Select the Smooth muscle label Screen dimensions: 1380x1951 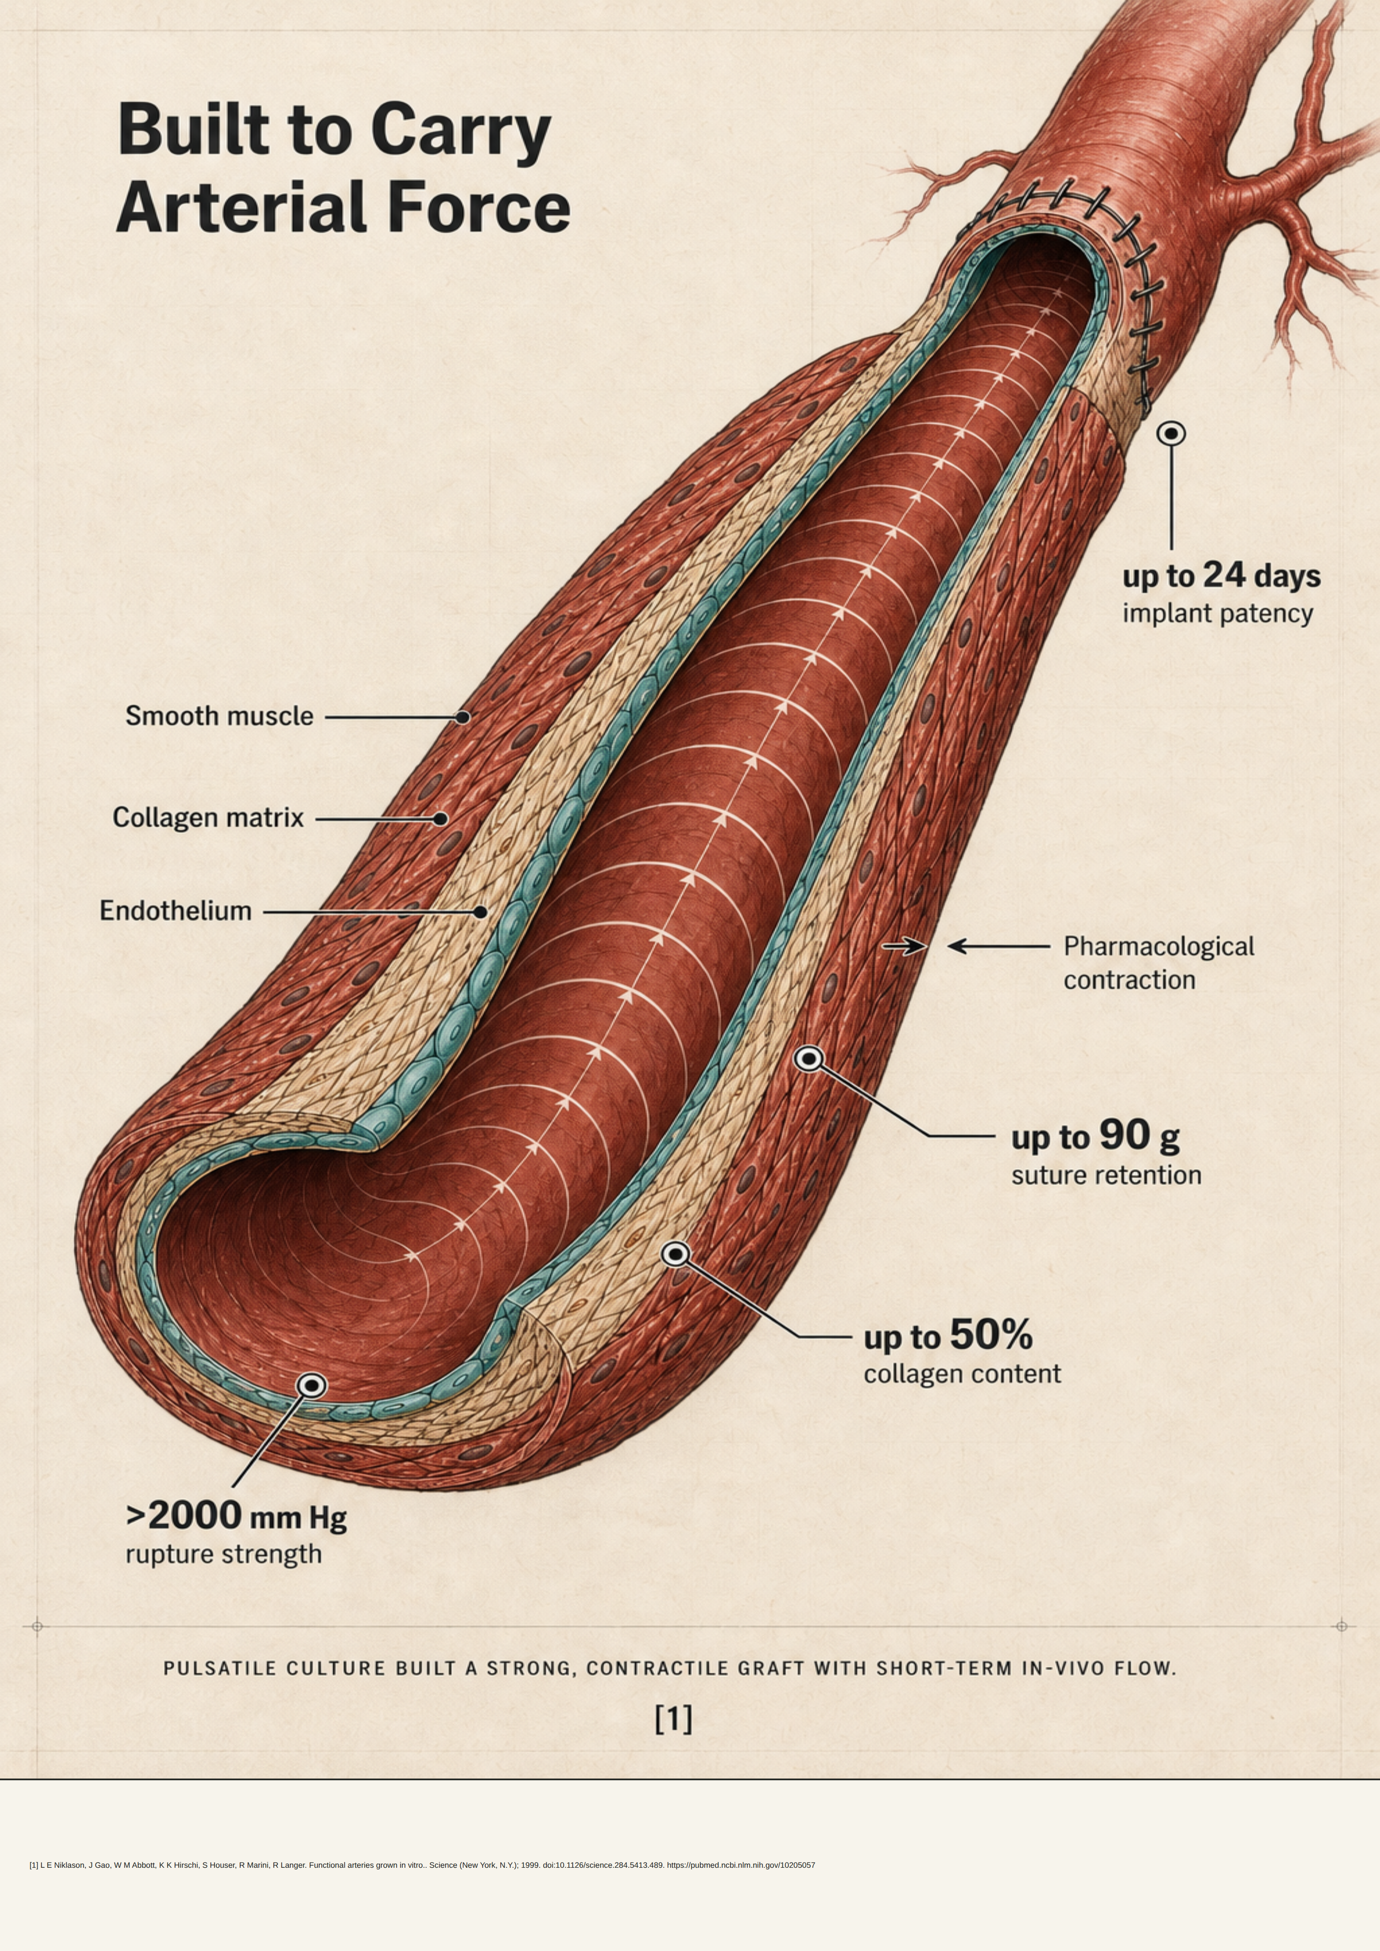219,716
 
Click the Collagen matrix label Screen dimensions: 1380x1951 208,818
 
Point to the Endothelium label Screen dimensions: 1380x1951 176,911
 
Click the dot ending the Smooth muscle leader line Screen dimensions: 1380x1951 462,717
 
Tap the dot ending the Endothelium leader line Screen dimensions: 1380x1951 480,912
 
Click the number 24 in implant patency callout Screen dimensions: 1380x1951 1223,575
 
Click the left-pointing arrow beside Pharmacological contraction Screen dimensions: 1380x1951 998,946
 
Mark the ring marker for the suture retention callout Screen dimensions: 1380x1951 809,1059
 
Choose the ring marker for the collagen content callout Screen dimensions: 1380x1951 676,1253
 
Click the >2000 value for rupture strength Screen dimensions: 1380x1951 185,1515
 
